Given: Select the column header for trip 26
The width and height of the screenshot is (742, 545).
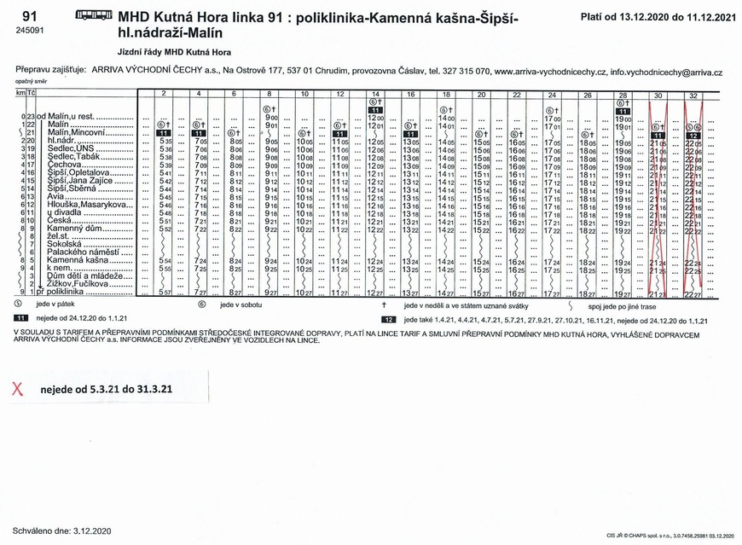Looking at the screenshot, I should tap(588, 95).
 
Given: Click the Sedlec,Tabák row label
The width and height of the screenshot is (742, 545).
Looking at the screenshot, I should tap(74, 156).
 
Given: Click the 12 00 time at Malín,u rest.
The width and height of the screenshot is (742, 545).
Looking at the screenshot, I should tap(375, 117).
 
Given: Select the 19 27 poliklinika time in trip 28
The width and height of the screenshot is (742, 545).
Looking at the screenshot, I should tap(623, 293).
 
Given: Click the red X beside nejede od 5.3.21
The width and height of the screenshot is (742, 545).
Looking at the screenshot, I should tap(16, 389).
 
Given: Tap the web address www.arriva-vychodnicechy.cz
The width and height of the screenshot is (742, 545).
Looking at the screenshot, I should tap(550, 73).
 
